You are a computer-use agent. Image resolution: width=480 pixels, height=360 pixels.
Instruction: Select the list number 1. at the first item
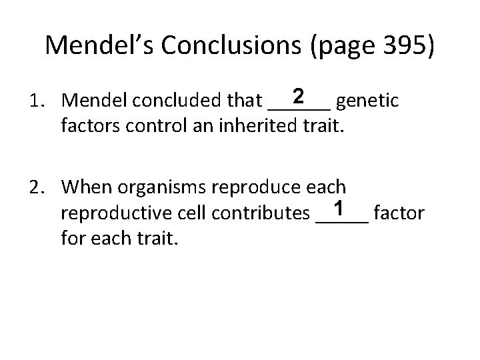(36, 101)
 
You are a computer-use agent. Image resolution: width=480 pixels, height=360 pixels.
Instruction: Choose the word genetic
(367, 101)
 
